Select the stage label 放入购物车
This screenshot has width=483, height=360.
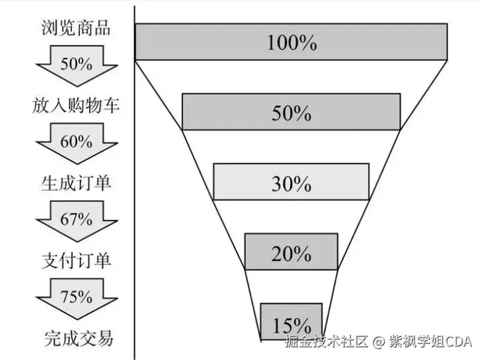[x=76, y=105]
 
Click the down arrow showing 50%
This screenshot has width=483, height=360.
[x=76, y=65]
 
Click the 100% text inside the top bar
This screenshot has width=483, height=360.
[x=292, y=43]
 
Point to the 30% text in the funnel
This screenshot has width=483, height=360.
[x=291, y=183]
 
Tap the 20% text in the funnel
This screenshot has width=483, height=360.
[x=291, y=254]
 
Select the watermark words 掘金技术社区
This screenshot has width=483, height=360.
[x=325, y=342]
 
